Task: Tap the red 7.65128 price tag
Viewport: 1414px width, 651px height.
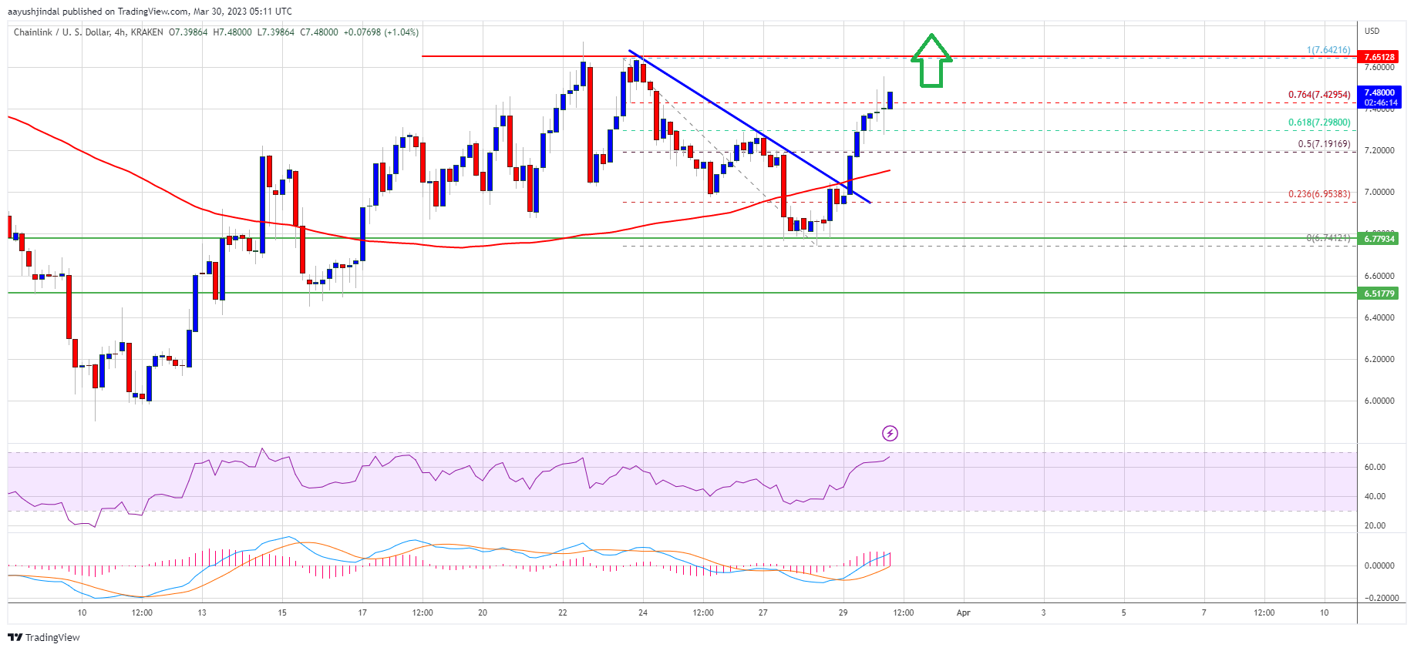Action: coord(1379,57)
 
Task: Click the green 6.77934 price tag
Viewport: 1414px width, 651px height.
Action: coord(1379,239)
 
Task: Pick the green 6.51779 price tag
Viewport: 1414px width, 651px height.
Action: coord(1379,294)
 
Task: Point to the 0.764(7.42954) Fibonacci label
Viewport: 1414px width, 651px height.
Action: coord(1318,95)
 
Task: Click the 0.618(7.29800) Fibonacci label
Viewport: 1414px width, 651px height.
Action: coord(1318,122)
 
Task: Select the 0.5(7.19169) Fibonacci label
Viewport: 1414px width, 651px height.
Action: coord(1323,144)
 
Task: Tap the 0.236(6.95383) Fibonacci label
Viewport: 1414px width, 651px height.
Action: coord(1318,194)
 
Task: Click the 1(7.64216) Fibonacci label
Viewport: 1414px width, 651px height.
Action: coord(1328,50)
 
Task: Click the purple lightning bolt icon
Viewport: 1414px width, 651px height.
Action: coord(890,433)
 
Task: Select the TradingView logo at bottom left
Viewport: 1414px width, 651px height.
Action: coord(44,637)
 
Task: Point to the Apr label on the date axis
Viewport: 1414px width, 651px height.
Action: coord(963,613)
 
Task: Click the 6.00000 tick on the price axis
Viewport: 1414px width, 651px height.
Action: coord(1379,401)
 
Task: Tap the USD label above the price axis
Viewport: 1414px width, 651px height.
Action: coord(1372,31)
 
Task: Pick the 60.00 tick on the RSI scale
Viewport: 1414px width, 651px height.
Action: coord(1375,467)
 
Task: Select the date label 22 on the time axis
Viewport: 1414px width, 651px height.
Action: coord(563,613)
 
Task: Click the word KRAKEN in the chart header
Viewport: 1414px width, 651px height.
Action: coord(146,32)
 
